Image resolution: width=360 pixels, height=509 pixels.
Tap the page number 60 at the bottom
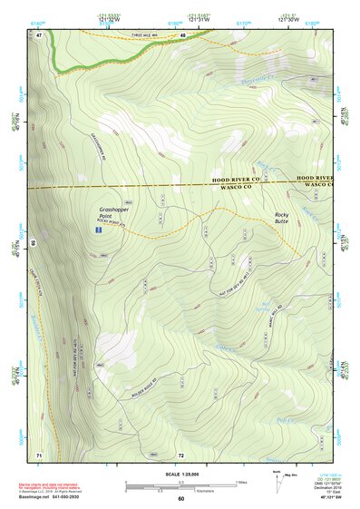tap(180, 498)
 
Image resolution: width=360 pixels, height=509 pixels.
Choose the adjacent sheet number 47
tap(40, 34)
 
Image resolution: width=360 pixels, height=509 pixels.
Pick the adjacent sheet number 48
tap(182, 34)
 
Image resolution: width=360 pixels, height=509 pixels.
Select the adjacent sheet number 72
tap(181, 454)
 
